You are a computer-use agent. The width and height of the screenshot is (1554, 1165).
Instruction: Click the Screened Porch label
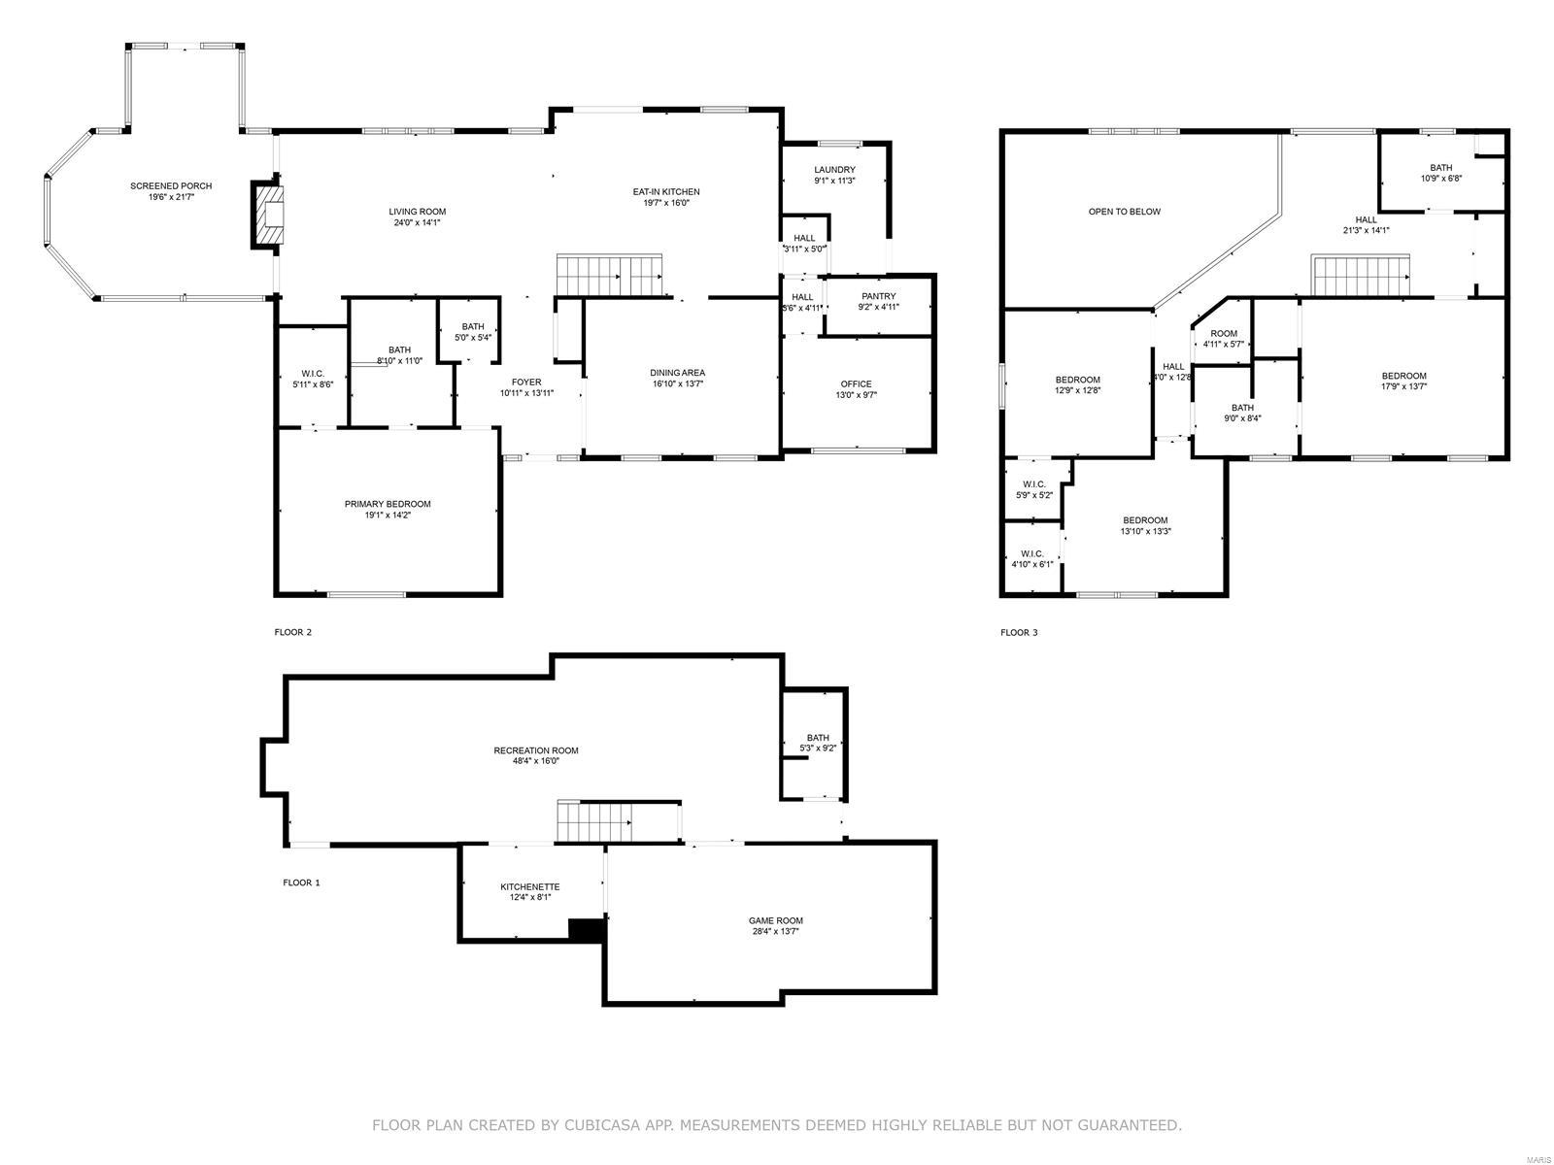(171, 185)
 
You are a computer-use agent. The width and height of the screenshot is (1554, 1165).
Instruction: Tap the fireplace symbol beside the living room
(269, 214)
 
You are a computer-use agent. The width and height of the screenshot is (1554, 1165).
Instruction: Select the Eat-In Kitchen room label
(665, 191)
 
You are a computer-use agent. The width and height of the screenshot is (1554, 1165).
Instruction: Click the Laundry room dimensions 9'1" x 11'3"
(834, 180)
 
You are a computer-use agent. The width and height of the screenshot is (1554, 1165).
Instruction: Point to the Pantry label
(878, 296)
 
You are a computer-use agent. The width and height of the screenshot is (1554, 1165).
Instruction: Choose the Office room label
(856, 383)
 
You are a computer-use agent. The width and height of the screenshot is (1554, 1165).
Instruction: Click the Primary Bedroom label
(387, 504)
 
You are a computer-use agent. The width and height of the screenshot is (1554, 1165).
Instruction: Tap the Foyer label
(526, 382)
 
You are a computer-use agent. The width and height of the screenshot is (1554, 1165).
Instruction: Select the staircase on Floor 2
(609, 275)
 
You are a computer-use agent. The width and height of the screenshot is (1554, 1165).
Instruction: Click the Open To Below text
(1124, 211)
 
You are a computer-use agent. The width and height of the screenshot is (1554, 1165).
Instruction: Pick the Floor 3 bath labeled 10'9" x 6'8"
(1440, 173)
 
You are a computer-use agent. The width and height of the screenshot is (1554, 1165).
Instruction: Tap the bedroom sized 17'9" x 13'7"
(1403, 381)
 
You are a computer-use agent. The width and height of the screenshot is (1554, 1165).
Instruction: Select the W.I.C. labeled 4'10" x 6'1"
(1031, 558)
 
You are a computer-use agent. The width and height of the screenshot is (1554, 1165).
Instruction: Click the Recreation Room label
(535, 749)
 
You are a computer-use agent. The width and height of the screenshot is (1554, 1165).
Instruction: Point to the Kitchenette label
(529, 886)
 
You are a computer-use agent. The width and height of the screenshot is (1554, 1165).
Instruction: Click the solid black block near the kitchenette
(586, 929)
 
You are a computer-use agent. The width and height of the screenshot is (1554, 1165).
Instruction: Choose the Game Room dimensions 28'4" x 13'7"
(775, 931)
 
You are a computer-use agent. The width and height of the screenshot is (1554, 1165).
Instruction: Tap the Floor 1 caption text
(301, 882)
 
